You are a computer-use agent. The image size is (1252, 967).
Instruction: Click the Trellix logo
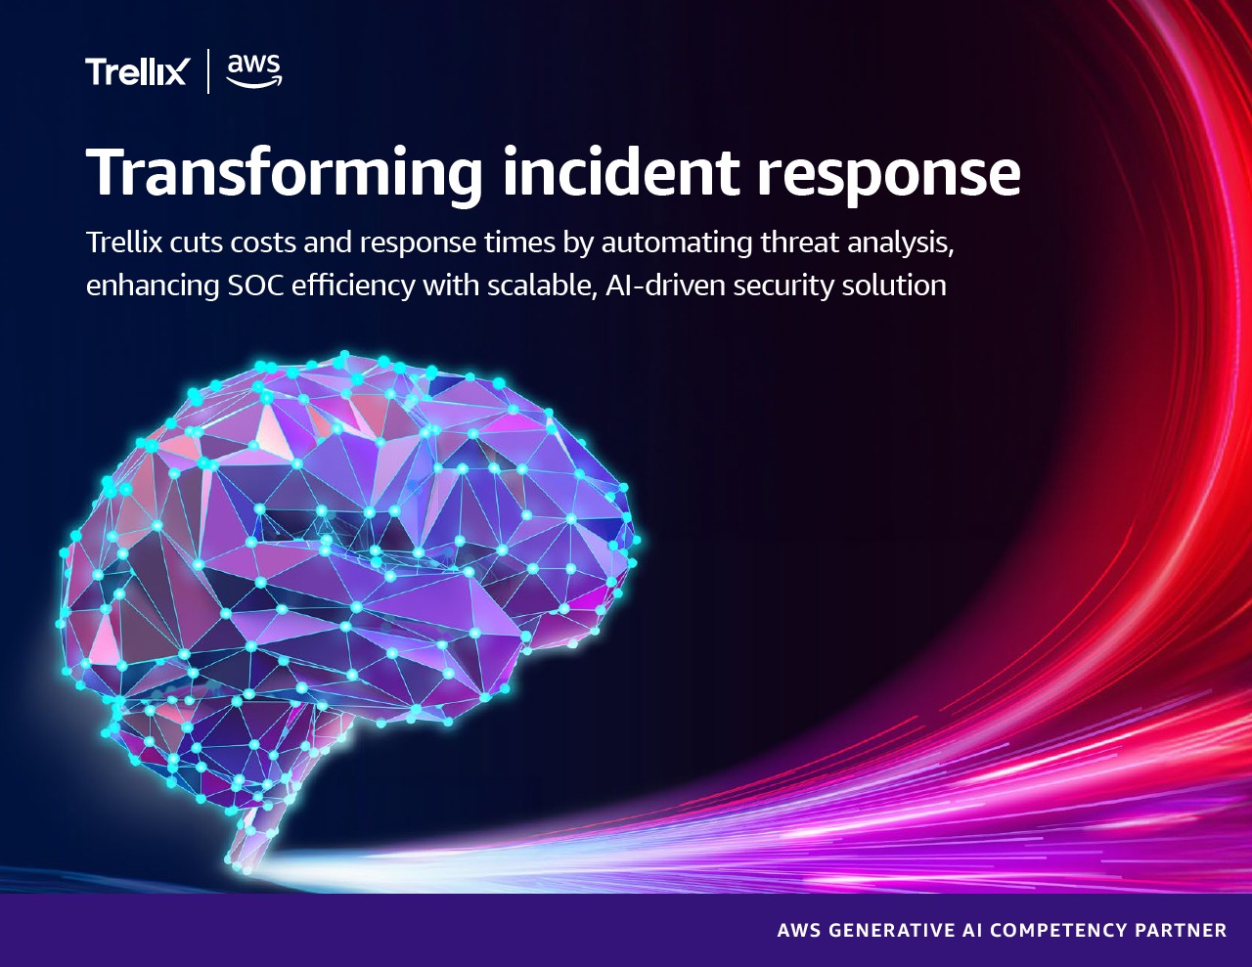136,71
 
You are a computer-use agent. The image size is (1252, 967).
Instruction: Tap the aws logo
253,70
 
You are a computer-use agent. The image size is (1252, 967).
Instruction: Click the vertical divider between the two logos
208,71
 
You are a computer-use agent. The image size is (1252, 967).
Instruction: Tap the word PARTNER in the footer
1181,930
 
